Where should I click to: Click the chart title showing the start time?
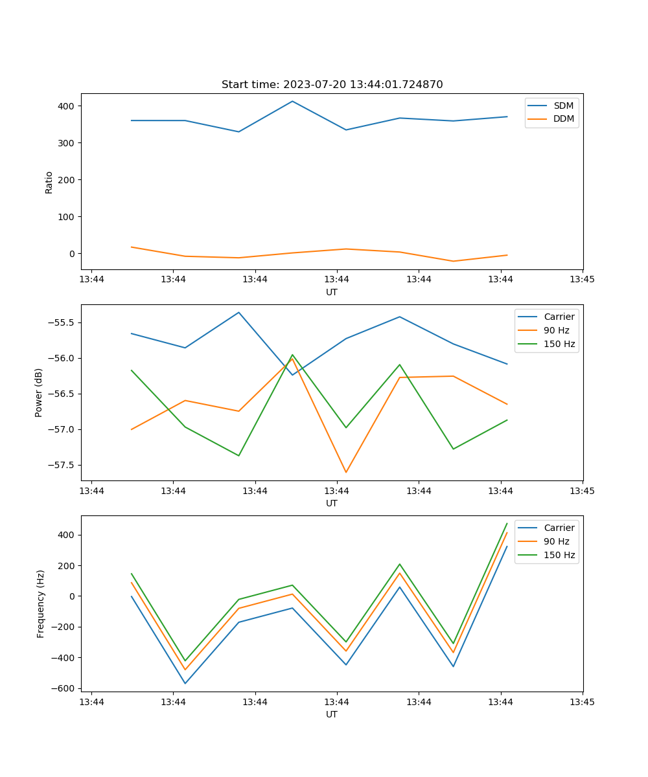pos(332,85)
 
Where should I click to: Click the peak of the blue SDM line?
pos(292,101)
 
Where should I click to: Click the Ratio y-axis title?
pos(49,182)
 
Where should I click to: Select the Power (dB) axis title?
pos(39,392)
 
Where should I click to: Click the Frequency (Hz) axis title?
pos(41,603)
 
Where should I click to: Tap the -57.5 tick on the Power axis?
pos(62,465)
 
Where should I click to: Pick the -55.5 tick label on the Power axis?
pos(62,322)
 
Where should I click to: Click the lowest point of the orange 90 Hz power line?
pos(346,473)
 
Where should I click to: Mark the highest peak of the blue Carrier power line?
pos(238,312)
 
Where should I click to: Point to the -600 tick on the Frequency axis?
pos(64,688)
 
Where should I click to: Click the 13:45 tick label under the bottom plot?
pos(582,702)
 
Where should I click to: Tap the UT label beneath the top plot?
pos(332,292)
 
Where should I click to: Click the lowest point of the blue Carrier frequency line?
pos(185,683)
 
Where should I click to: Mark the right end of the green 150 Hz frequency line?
pos(507,523)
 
